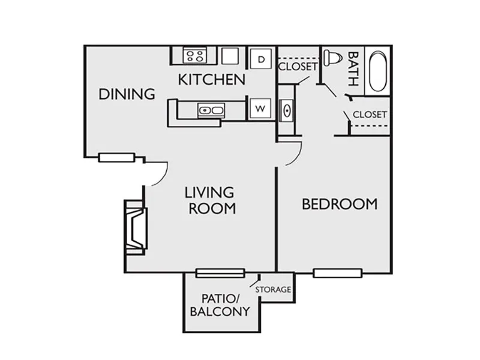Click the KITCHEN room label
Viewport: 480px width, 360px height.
212,80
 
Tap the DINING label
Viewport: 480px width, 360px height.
127,94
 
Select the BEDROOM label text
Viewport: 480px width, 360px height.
340,204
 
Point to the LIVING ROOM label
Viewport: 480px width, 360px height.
211,200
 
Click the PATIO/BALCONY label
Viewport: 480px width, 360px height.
220,305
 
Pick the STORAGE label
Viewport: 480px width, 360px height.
273,289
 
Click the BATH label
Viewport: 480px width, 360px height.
353,69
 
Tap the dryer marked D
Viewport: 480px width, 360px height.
260,58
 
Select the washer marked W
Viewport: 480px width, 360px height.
260,109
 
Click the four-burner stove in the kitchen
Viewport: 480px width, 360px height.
195,56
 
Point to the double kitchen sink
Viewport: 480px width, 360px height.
211,110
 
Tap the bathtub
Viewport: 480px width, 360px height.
378,71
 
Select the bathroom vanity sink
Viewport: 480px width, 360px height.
287,110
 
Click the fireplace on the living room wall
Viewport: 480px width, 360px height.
136,227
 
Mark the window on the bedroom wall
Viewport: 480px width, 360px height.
338,273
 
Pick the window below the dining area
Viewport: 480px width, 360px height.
116,157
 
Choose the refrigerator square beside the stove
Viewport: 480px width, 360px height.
230,56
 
